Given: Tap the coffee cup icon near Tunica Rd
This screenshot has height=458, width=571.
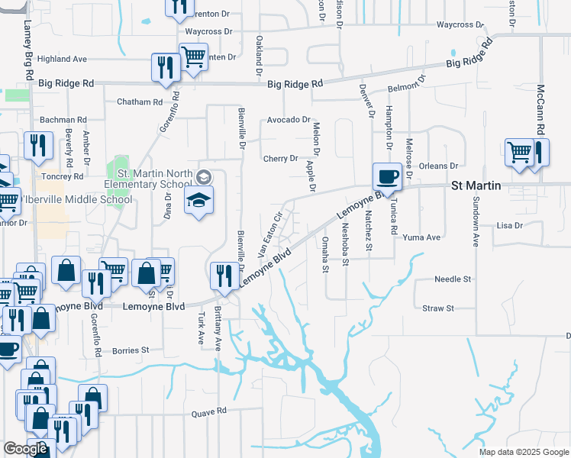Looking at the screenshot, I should click(x=386, y=177).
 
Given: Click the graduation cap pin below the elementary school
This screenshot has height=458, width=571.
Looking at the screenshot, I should click(x=199, y=202).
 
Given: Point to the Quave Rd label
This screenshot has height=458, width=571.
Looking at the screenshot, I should click(x=210, y=411).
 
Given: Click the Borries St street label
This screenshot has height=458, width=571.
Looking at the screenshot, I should click(x=131, y=350).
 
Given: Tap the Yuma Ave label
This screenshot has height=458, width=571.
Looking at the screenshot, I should click(x=422, y=237).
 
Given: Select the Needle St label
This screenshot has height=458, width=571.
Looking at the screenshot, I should click(x=453, y=279).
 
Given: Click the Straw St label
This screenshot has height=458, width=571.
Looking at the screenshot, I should click(x=438, y=308).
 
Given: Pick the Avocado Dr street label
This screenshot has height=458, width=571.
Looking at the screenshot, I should click(x=289, y=120).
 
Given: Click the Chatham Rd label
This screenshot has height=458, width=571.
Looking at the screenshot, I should click(x=140, y=102).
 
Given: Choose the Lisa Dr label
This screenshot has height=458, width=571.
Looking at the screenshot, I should click(x=509, y=226).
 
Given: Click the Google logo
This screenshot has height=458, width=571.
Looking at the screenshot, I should click(x=25, y=450).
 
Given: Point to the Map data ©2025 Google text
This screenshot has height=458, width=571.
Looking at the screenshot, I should click(x=523, y=452).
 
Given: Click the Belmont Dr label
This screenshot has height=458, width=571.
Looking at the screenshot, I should click(x=405, y=89).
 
